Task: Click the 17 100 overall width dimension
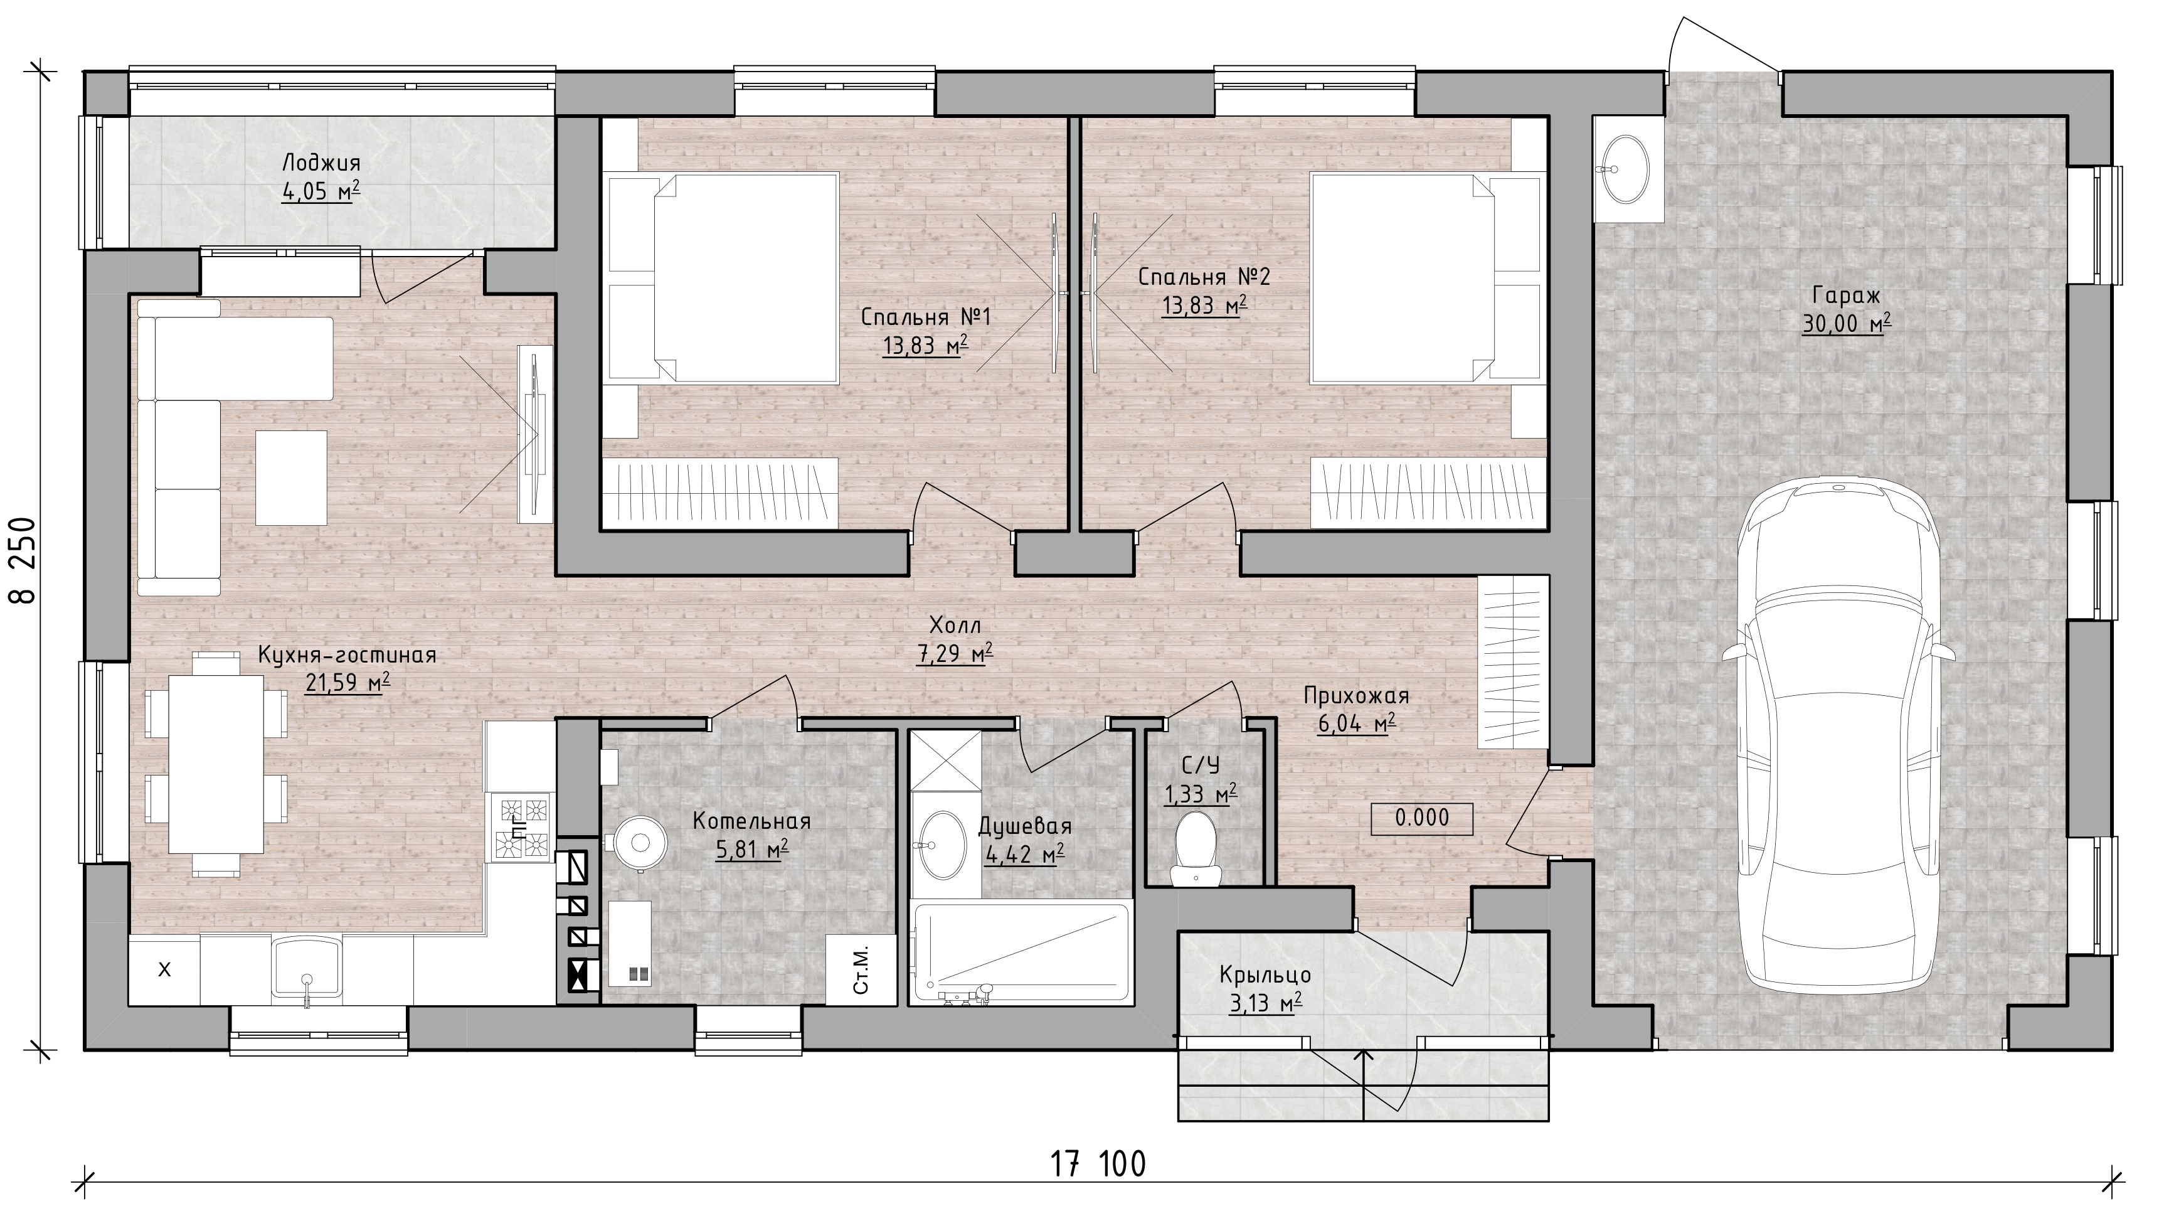[x=1098, y=1165]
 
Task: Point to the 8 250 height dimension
[x=23, y=560]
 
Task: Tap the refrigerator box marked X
[x=164, y=971]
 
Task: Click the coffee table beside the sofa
[x=290, y=477]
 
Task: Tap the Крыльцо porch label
[x=1265, y=975]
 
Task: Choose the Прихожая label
[x=1356, y=696]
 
